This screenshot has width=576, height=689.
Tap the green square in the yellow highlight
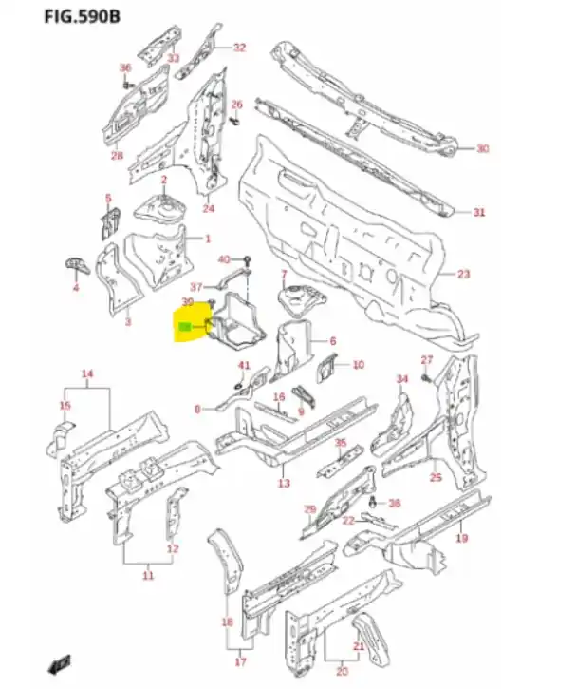tap(184, 329)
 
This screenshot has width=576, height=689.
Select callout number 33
tap(173, 58)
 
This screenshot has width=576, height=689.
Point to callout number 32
tap(239, 48)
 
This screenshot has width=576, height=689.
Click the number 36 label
tap(124, 68)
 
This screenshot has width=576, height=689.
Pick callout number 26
tap(237, 104)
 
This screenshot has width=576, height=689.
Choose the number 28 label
tap(117, 156)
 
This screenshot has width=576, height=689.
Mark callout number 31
tap(480, 212)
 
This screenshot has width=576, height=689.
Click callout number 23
tap(463, 274)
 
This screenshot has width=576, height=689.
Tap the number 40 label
tap(224, 259)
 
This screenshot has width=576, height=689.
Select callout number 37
tap(196, 286)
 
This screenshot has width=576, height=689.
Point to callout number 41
tap(244, 366)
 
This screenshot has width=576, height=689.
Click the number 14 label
tap(87, 373)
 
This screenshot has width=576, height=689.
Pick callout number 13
tap(284, 484)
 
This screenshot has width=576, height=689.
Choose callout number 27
tap(426, 359)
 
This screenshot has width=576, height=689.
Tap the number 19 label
tap(463, 539)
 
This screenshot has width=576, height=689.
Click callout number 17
tap(240, 662)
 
